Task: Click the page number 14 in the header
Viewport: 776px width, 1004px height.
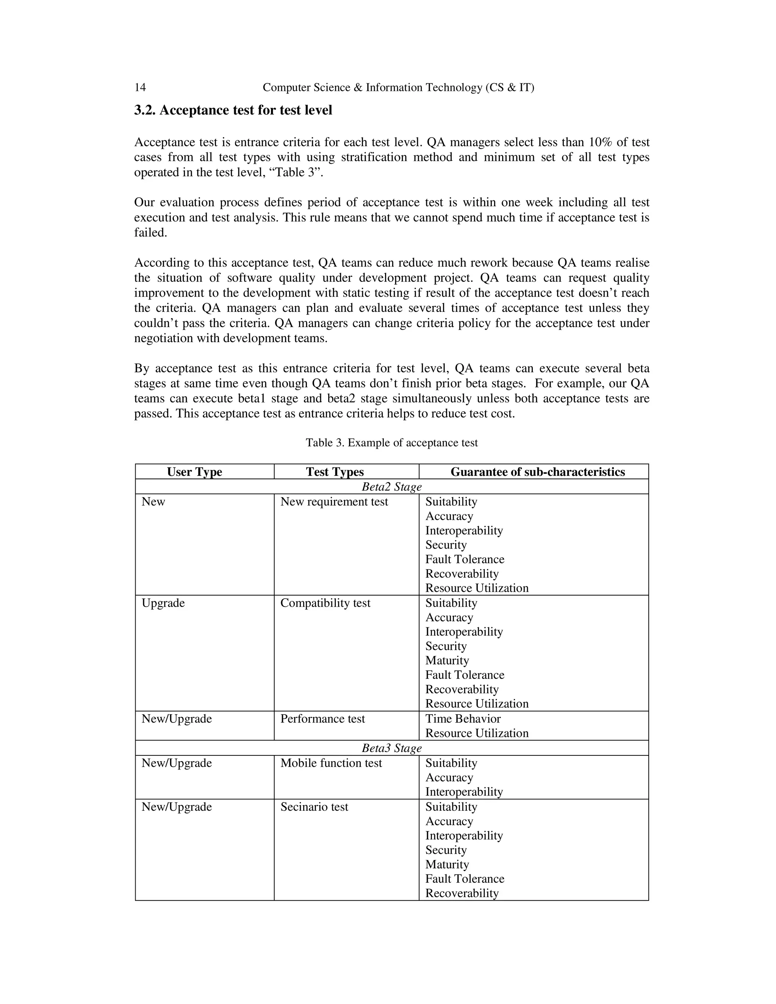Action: pyautogui.click(x=140, y=88)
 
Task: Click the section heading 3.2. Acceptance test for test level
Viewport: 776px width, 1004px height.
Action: pyautogui.click(x=233, y=110)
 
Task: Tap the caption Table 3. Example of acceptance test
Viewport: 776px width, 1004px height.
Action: pyautogui.click(x=392, y=443)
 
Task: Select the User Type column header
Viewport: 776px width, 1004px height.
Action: pyautogui.click(x=194, y=472)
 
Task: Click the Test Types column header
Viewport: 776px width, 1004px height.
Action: pyautogui.click(x=335, y=472)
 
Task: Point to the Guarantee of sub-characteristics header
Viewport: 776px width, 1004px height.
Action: pyautogui.click(x=537, y=472)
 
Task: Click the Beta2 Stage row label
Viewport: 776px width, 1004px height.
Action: pyautogui.click(x=392, y=486)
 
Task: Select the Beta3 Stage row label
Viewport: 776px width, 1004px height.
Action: pyautogui.click(x=392, y=748)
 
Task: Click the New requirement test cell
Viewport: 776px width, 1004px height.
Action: pyautogui.click(x=334, y=502)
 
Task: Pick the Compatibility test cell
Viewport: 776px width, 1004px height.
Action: pyautogui.click(x=325, y=603)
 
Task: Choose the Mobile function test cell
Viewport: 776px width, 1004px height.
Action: pyautogui.click(x=331, y=763)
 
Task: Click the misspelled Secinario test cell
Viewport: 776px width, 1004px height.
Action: pyautogui.click(x=314, y=807)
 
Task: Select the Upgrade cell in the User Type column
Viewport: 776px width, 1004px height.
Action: pyautogui.click(x=163, y=603)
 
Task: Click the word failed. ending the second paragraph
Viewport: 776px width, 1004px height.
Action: pyautogui.click(x=150, y=233)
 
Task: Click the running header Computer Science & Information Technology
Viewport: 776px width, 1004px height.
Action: pyautogui.click(x=398, y=88)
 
